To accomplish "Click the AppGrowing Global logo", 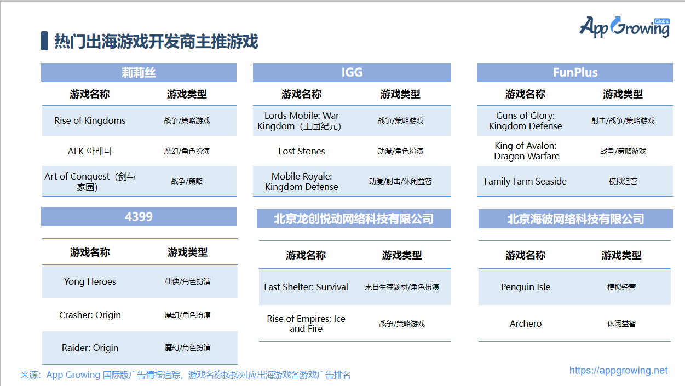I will pos(624,27).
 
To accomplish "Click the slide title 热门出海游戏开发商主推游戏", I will pos(156,42).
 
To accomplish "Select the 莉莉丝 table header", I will pos(139,72).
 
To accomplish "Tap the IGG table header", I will pos(352,72).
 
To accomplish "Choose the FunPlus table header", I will pos(575,72).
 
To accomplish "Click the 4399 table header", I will pos(139,216).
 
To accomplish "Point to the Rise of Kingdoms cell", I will pos(90,120).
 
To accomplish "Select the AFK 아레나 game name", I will pos(90,151).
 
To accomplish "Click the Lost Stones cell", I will pos(302,151).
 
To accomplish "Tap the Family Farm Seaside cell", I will pos(525,181).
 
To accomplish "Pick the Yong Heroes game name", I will pos(90,281).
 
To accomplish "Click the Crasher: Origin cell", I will pos(90,315).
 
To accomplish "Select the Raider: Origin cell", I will pos(90,348).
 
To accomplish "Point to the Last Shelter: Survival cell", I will pos(306,287).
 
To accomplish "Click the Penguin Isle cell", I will pos(525,287).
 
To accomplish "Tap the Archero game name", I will pos(525,324).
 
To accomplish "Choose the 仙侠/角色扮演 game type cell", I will pos(187,281).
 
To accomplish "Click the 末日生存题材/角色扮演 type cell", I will pos(401,287).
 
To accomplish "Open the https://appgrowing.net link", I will pos(618,371).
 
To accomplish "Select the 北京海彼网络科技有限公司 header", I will pos(575,219).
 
